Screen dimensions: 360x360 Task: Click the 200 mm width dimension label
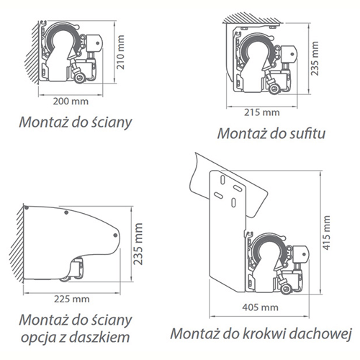coord(71,102)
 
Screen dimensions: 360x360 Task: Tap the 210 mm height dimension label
coord(121,53)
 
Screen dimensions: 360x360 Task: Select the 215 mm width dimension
coord(262,112)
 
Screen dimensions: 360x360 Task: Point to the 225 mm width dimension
coord(72,300)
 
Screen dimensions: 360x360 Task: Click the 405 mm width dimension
coord(260,307)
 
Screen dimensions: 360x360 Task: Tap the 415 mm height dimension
coord(326,233)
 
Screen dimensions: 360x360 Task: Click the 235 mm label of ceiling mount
coord(315,58)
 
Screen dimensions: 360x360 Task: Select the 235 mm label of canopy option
coord(138,244)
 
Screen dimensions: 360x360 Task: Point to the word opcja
coord(38,338)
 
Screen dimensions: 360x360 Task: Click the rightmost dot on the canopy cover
coord(115,235)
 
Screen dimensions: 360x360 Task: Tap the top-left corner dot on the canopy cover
coord(27,208)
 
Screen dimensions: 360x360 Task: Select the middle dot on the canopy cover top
coord(66,212)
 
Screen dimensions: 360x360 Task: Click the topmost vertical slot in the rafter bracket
coord(222,180)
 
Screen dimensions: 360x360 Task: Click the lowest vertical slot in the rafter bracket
coord(233,202)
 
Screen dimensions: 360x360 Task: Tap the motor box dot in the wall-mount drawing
coord(97,43)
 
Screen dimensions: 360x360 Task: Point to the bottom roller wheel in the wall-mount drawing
coord(80,78)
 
